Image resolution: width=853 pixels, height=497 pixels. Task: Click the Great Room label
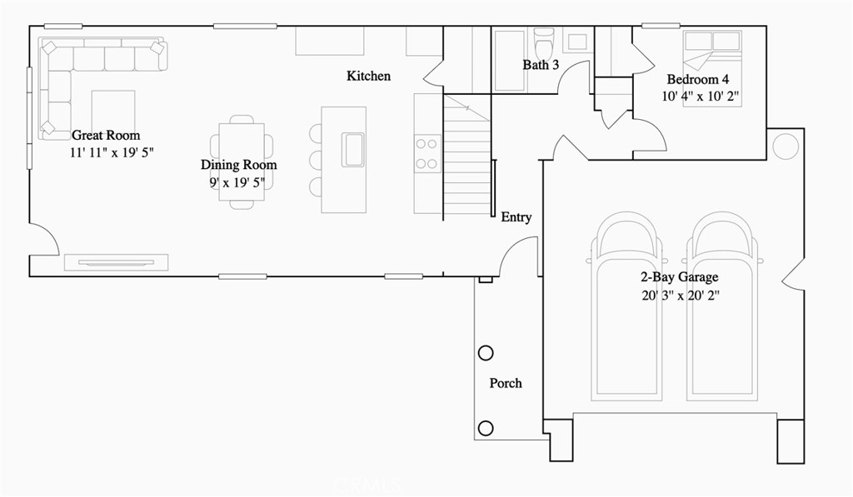[x=106, y=135]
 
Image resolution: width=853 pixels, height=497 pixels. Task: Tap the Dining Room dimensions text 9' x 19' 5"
[x=239, y=181]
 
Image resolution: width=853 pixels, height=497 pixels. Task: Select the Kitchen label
[x=368, y=77]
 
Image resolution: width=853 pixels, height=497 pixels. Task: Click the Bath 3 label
[x=541, y=65]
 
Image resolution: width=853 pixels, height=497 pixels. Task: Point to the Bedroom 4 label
[x=698, y=80]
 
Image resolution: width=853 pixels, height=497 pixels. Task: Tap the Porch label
[x=506, y=383]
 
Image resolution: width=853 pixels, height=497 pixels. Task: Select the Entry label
[x=516, y=217]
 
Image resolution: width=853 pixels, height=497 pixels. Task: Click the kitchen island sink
[x=352, y=150]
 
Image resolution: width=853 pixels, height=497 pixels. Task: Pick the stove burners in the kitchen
[x=427, y=153]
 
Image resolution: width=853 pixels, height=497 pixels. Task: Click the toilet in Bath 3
[x=544, y=42]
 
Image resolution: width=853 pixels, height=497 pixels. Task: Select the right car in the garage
[x=724, y=308]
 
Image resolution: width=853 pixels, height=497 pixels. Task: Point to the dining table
[x=242, y=161]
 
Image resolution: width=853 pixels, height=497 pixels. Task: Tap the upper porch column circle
[x=486, y=353]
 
